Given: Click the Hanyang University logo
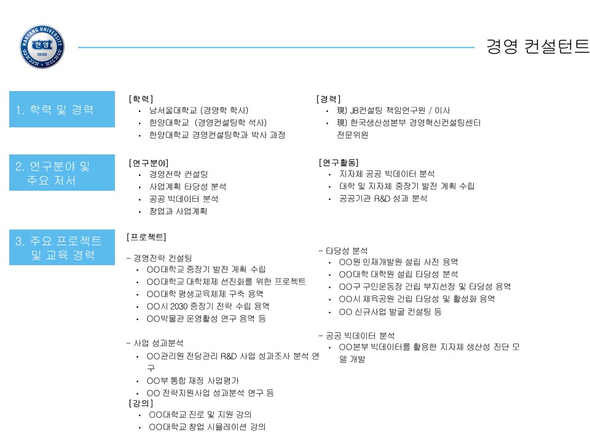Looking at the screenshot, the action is click(42, 47).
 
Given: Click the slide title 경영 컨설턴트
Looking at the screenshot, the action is click(538, 47).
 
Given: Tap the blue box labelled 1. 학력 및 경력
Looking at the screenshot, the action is click(62, 110).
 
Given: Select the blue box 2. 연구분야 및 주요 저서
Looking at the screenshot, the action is click(62, 172).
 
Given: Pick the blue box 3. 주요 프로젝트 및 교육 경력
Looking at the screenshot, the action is click(62, 247).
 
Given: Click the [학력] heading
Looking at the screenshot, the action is click(141, 99).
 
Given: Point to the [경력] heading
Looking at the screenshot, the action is click(328, 99).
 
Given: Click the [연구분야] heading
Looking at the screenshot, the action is click(149, 163).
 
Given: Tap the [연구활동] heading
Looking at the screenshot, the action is click(339, 162).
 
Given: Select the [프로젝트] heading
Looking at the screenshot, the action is click(146, 237).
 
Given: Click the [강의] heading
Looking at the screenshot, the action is click(141, 404).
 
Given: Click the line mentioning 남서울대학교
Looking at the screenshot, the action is click(199, 110).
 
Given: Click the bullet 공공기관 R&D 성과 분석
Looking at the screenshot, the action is click(383, 199).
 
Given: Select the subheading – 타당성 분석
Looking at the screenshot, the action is click(343, 251).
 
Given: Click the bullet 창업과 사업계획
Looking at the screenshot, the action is click(178, 211).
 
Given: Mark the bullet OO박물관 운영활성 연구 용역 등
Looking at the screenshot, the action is click(206, 319).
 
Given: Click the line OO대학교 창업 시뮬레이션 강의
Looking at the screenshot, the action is click(207, 427).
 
